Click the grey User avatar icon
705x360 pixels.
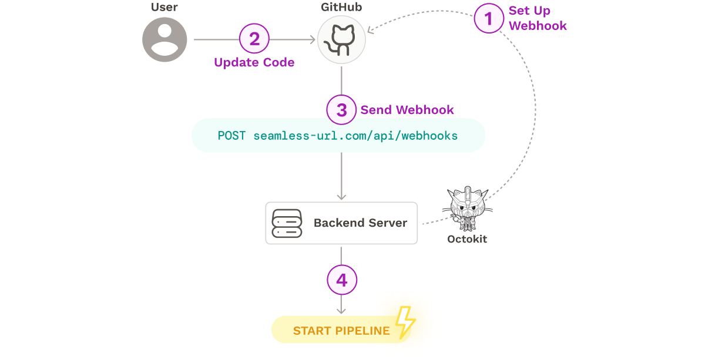pyautogui.click(x=164, y=39)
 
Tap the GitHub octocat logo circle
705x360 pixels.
pyautogui.click(x=341, y=40)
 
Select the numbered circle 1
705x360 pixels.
pyautogui.click(x=489, y=19)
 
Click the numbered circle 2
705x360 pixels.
pyautogui.click(x=254, y=39)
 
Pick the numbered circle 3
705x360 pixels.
pyautogui.click(x=341, y=110)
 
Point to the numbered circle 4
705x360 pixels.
pyautogui.click(x=341, y=280)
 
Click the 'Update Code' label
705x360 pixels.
pyautogui.click(x=254, y=63)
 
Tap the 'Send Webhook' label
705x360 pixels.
pyautogui.click(x=407, y=110)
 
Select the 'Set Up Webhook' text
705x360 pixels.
pyautogui.click(x=537, y=18)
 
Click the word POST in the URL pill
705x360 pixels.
pyautogui.click(x=232, y=136)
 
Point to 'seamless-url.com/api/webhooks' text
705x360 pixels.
pyautogui.click(x=355, y=136)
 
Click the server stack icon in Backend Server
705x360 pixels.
pyautogui.click(x=287, y=223)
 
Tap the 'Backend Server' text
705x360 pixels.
pyautogui.click(x=360, y=223)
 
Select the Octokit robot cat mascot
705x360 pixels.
pyautogui.click(x=467, y=208)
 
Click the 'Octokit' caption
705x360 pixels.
pyautogui.click(x=467, y=239)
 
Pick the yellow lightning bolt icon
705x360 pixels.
pyautogui.click(x=405, y=322)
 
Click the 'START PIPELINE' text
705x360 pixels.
pyautogui.click(x=341, y=331)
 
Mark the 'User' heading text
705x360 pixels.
pyautogui.click(x=164, y=8)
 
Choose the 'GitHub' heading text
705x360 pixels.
pyautogui.click(x=341, y=8)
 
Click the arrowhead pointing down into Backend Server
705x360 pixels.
pyautogui.click(x=341, y=196)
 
